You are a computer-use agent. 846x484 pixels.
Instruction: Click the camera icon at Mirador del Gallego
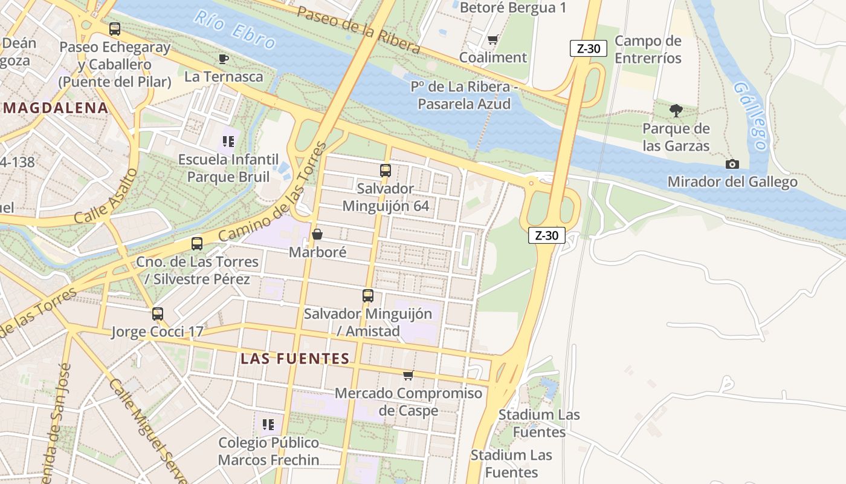732,164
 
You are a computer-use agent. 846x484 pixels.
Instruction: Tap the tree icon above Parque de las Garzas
676,111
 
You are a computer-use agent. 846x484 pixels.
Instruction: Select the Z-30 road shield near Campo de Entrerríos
588,48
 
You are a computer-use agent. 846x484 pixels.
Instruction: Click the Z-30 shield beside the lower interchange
547,235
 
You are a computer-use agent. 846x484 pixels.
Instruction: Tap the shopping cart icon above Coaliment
492,40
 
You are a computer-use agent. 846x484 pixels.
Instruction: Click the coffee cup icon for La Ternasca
224,59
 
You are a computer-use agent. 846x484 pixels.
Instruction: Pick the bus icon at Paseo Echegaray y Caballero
115,28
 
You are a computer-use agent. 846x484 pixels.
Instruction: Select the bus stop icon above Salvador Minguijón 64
386,171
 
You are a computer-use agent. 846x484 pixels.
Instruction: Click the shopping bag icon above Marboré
317,234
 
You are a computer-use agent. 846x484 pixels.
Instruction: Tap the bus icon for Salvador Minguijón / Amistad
368,296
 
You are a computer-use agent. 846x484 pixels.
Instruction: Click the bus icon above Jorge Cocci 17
158,314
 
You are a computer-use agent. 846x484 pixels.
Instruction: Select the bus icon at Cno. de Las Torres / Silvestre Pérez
197,244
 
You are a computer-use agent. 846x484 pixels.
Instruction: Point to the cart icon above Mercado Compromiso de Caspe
408,376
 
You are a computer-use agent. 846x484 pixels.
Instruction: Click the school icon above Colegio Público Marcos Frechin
268,425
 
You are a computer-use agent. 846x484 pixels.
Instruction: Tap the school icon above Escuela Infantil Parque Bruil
228,142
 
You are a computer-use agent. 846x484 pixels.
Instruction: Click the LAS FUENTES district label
295,358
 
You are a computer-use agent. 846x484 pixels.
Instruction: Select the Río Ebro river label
234,30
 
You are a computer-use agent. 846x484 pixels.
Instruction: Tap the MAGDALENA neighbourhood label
56,108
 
